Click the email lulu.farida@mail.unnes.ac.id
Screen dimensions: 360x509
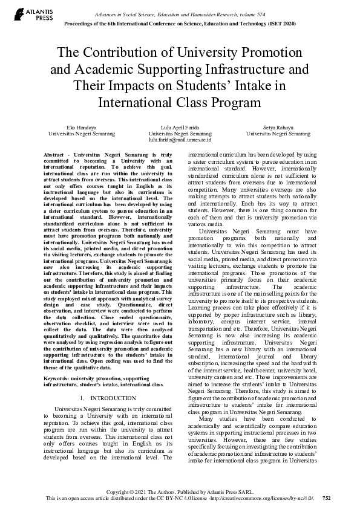point(180,139)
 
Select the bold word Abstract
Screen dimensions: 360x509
point(56,155)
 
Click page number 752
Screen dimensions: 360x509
point(327,498)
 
